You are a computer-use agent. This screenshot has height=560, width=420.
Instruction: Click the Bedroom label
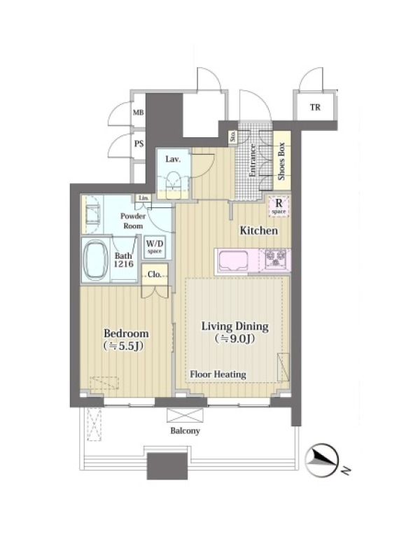click(126, 334)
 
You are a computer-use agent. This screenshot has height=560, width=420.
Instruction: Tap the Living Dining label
click(235, 326)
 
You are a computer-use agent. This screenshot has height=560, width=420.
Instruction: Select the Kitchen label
click(258, 231)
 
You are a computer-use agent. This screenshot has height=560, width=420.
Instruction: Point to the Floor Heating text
click(218, 374)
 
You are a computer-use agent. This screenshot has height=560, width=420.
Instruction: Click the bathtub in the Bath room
click(95, 260)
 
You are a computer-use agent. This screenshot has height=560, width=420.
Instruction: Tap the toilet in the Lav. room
click(173, 183)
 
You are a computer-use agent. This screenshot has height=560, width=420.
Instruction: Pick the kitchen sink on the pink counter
click(234, 261)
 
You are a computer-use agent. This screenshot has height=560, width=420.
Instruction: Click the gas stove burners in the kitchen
click(276, 258)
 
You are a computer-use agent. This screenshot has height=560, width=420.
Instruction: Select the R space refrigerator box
click(279, 206)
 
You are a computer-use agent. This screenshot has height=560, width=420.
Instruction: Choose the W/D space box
click(155, 247)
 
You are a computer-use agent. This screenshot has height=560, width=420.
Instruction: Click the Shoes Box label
click(281, 162)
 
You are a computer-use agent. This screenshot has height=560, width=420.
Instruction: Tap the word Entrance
click(252, 160)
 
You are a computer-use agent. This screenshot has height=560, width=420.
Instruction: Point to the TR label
click(315, 107)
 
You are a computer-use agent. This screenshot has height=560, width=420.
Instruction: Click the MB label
click(138, 113)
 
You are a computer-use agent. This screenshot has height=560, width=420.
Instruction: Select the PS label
click(139, 143)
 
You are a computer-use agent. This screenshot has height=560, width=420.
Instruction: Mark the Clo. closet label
click(155, 274)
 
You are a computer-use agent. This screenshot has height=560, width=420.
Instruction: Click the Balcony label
click(185, 430)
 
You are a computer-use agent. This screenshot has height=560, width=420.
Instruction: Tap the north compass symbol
click(322, 461)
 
